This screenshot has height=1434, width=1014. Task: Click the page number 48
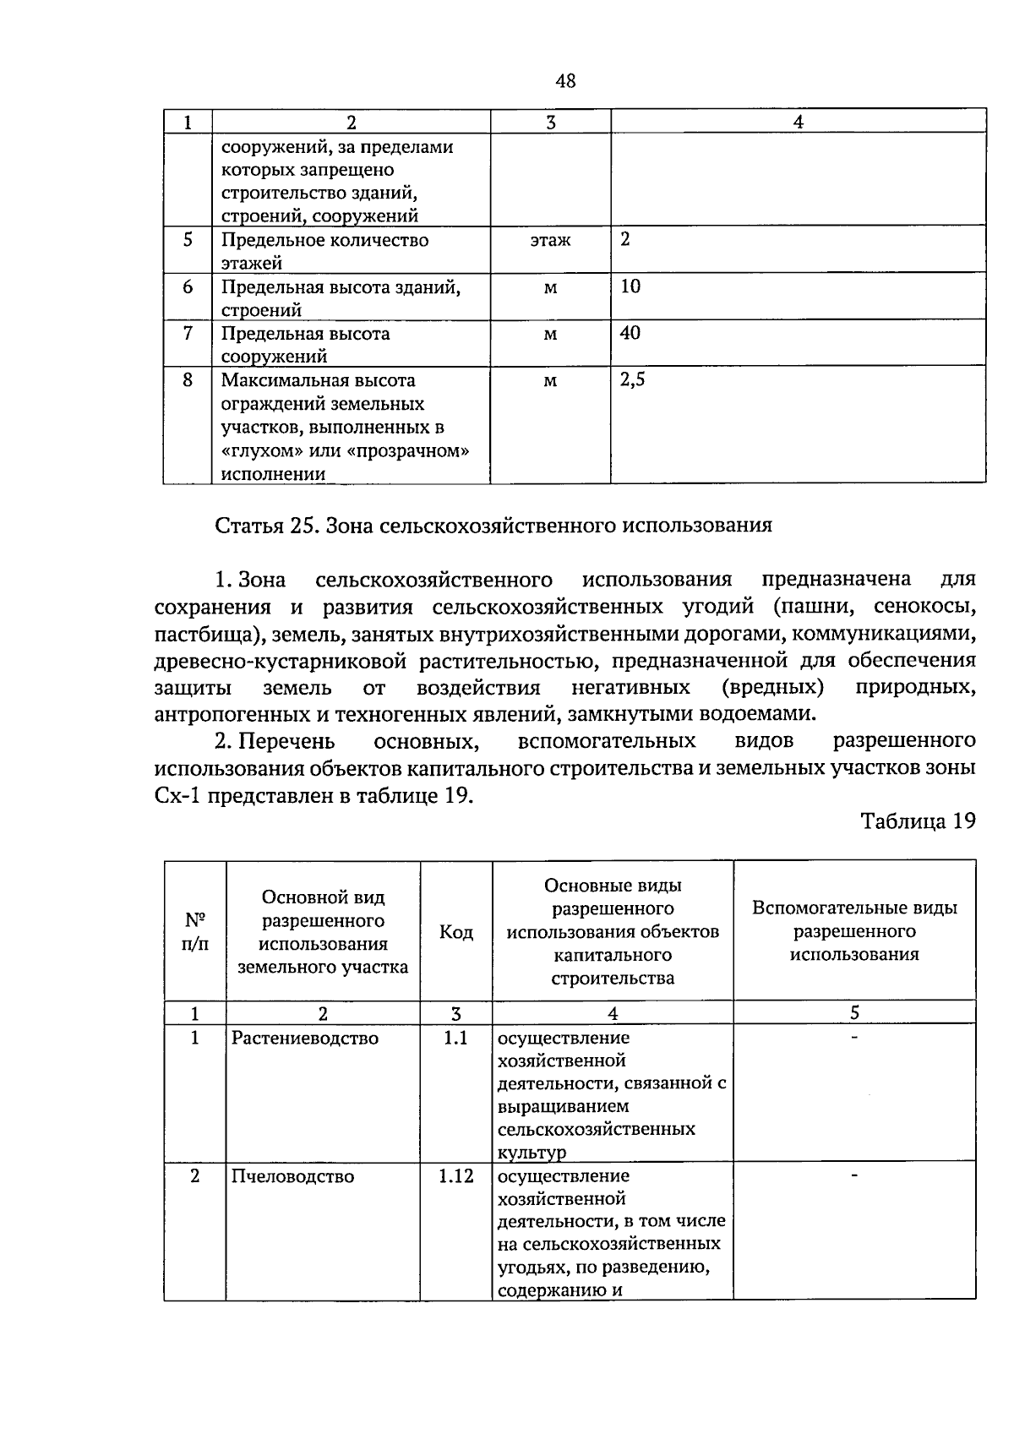pos(565,81)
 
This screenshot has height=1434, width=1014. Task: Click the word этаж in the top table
pos(550,241)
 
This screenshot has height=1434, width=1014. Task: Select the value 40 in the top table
pos(630,333)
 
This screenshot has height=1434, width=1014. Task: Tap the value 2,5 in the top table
pos(632,380)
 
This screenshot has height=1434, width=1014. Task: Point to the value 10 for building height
pos(630,286)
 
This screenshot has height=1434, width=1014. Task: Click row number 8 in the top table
pos(188,380)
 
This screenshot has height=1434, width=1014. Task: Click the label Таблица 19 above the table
pos(918,821)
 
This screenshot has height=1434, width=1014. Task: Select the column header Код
pos(456,932)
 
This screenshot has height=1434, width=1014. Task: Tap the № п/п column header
pos(195,931)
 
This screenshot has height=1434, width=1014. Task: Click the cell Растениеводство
pos(305,1038)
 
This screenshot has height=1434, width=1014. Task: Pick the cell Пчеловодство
pos(293,1176)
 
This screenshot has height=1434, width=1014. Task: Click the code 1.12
pos(455,1176)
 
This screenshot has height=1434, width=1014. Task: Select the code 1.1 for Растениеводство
pos(455,1038)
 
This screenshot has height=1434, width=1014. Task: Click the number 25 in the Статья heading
pos(302,526)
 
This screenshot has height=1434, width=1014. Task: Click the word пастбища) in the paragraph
pos(199,634)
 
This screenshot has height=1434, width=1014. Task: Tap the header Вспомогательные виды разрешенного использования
pos(854,931)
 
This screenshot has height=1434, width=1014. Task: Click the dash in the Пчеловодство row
pos(854,1175)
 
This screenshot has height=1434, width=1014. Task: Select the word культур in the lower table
pos(532,1153)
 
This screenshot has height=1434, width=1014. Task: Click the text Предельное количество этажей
pos(324,251)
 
